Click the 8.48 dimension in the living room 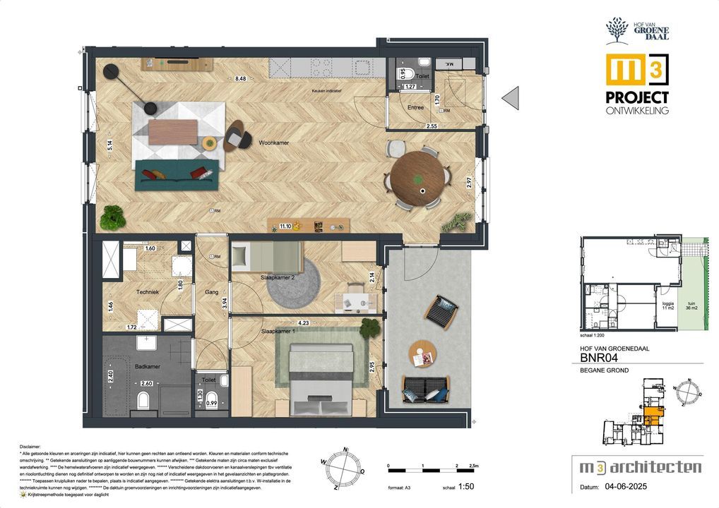pyautogui.click(x=241, y=78)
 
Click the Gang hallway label pyautogui.click(x=210, y=291)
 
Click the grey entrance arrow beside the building pyautogui.click(x=511, y=97)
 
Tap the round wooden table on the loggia pyautogui.click(x=423, y=353)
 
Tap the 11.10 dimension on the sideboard pyautogui.click(x=285, y=226)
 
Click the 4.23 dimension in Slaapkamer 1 pyautogui.click(x=304, y=324)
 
